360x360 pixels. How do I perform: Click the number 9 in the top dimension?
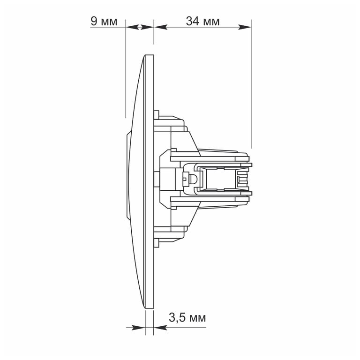(94, 21)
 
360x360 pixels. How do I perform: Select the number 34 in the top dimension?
(193, 21)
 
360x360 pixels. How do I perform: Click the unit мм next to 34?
(211, 22)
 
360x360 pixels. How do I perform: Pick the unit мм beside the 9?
(109, 22)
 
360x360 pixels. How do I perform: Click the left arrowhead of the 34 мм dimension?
(160, 27)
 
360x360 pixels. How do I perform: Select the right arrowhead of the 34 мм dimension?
(245, 27)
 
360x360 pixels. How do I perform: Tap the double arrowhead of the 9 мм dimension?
(140, 27)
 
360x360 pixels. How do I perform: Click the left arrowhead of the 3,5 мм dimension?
(138, 328)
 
